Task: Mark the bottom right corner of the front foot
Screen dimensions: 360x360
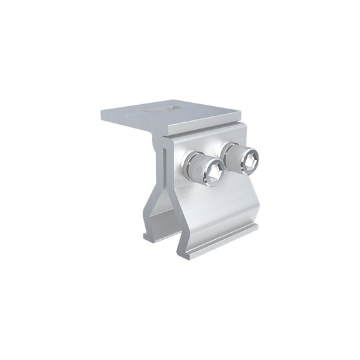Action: [x=258, y=226]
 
